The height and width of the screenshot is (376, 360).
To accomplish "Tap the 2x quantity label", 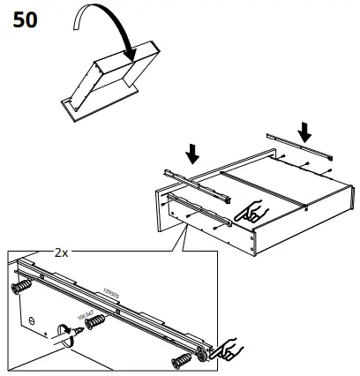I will [61, 252].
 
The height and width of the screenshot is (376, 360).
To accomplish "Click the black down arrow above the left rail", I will [191, 155].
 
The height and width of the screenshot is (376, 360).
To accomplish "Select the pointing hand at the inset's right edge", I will [229, 350].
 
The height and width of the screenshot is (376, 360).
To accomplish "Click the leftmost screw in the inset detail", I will [19, 290].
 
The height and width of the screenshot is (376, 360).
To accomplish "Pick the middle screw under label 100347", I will [94, 320].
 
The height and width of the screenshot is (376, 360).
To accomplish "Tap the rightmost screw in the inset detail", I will [182, 360].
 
